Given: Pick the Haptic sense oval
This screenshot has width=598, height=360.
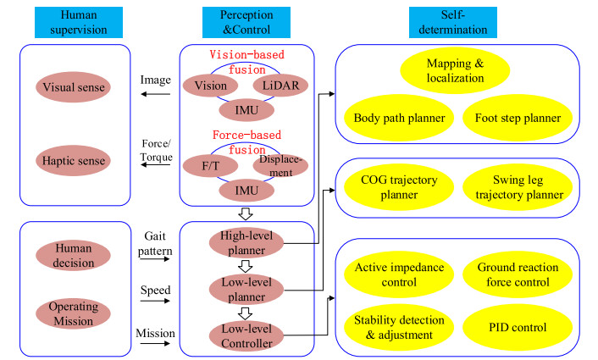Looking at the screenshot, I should [74, 161].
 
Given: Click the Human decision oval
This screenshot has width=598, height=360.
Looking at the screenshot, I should [74, 254].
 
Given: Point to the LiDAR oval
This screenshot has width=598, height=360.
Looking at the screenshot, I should [280, 86].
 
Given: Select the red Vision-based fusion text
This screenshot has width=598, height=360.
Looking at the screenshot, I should [246, 60].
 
